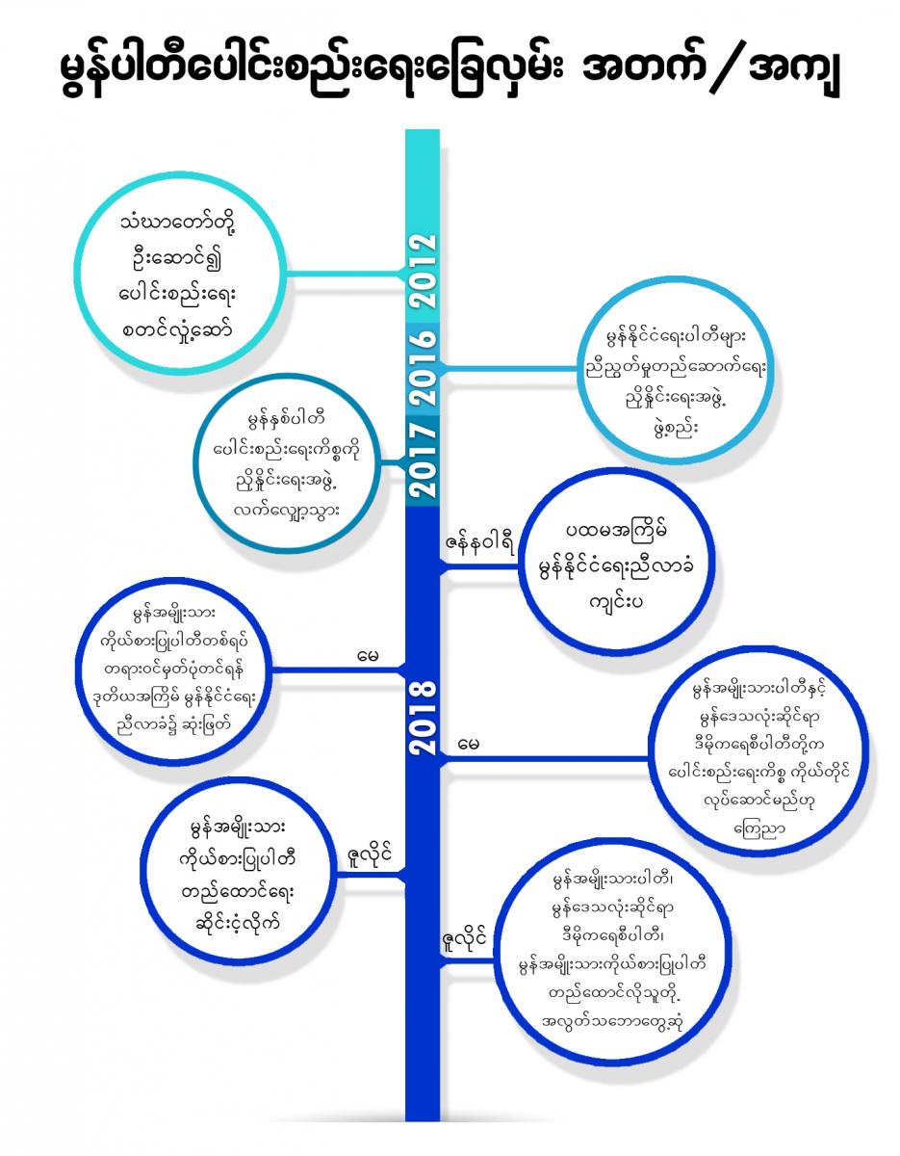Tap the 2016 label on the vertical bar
pyautogui.click(x=423, y=367)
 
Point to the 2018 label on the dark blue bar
pyautogui.click(x=423, y=718)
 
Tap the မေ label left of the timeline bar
pyautogui.click(x=367, y=657)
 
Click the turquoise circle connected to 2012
pyautogui.click(x=185, y=274)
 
